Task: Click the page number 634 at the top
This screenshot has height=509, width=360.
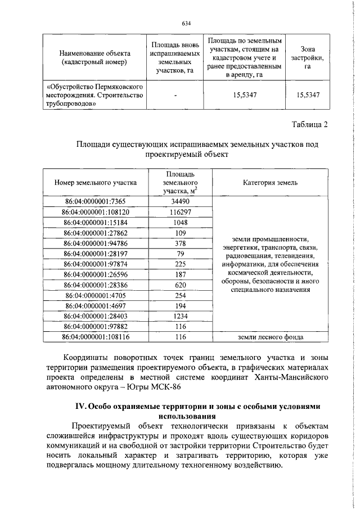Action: [187, 23]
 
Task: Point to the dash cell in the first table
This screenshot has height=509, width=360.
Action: [175, 96]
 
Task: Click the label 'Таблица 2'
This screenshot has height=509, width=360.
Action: [309, 124]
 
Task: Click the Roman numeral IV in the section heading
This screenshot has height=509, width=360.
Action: [80, 407]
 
